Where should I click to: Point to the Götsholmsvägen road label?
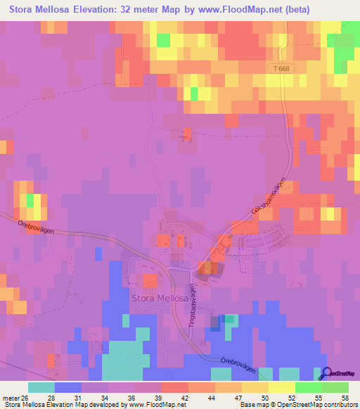point(271,198)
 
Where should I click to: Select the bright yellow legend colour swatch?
point(281,387)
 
